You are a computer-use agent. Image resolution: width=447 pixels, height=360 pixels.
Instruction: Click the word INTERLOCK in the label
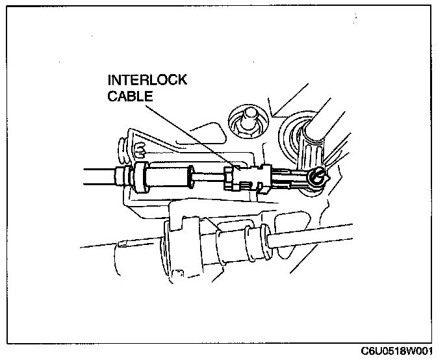pyautogui.click(x=147, y=81)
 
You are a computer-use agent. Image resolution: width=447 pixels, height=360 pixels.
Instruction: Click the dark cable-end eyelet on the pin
pyautogui.click(x=316, y=175)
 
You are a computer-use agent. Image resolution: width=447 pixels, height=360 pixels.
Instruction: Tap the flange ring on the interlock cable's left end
pyautogui.click(x=138, y=176)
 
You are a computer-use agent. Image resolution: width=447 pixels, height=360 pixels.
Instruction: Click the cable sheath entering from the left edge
pyautogui.click(x=97, y=174)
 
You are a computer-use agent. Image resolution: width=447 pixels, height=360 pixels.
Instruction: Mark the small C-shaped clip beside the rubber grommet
pyautogui.click(x=138, y=152)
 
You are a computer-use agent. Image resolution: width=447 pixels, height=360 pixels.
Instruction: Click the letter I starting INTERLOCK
pyautogui.click(x=110, y=81)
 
